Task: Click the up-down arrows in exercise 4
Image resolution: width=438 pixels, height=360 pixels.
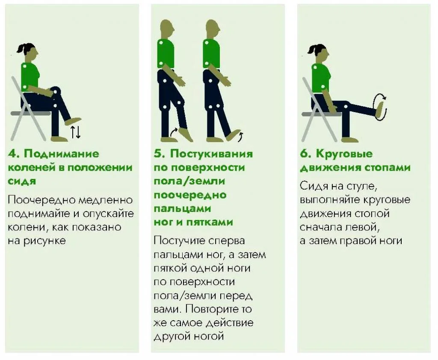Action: click(x=75, y=132)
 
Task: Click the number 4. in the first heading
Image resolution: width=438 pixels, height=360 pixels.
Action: click(x=14, y=154)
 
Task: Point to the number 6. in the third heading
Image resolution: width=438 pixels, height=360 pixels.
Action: click(x=306, y=154)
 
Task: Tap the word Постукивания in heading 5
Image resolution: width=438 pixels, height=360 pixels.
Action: click(x=211, y=154)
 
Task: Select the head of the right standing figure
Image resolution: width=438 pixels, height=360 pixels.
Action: click(x=213, y=29)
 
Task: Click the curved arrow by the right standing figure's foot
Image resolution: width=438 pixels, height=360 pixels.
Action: click(x=241, y=136)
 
